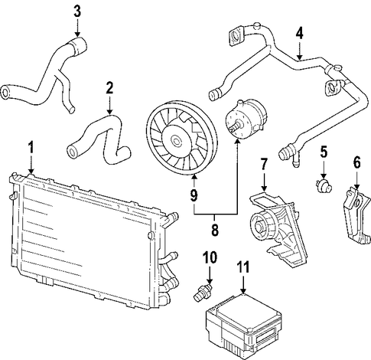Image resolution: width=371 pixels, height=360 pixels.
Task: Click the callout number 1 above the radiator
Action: coord(31,147)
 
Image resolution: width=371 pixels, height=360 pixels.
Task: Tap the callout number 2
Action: coord(109,88)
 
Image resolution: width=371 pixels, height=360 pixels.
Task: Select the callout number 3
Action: coord(77,12)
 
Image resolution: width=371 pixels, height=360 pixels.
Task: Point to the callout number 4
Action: coord(300,34)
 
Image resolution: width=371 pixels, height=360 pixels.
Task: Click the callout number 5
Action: coord(324,152)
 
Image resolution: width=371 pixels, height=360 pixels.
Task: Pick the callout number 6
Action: coord(356,162)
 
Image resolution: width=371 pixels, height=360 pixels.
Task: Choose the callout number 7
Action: coord(264,164)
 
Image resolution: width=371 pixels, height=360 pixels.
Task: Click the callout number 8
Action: coord(215,230)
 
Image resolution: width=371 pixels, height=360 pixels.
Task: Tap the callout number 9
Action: coord(194,196)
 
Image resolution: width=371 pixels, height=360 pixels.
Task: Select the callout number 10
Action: coord(210,257)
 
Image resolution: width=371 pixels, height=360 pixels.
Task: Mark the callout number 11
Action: coord(243,267)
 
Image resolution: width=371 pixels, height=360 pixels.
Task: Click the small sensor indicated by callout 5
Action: coord(324,185)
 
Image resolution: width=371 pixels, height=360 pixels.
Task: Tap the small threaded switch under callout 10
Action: coord(203,292)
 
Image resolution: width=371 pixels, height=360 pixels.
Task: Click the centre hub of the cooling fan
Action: coord(177,140)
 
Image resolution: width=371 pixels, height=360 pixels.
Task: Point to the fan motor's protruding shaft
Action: coord(236,125)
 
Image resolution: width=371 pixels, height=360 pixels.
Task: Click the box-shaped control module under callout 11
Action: coord(244,322)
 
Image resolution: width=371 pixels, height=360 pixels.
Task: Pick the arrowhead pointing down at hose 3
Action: coord(77,33)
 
